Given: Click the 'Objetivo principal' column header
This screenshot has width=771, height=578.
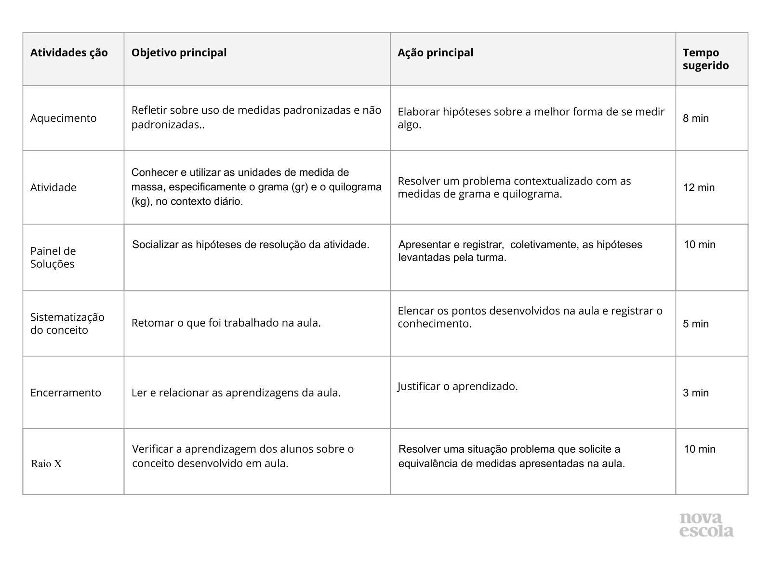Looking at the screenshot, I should (179, 53).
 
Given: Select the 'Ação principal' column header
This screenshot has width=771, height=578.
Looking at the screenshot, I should (435, 53).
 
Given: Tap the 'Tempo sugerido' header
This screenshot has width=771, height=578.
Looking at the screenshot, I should (705, 59).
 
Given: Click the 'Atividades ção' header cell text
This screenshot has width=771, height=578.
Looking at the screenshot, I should (69, 53).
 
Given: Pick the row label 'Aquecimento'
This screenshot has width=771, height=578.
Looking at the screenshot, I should (63, 118).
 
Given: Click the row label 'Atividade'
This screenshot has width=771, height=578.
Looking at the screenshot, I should (53, 187).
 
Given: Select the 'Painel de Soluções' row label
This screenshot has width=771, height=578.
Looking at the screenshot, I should (53, 257).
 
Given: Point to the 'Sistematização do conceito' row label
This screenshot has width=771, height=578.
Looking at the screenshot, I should (67, 323).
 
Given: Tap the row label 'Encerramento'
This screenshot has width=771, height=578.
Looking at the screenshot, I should (66, 393).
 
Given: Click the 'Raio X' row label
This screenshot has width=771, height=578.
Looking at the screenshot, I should (46, 464).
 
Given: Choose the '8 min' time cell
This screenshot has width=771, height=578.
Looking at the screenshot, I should (695, 118).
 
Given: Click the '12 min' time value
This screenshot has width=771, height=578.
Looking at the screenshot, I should (699, 187).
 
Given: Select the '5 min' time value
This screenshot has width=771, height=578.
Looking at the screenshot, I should (695, 324).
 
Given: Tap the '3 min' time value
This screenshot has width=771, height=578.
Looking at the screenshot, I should (695, 393).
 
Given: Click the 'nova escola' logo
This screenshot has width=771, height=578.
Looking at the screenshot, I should (706, 525).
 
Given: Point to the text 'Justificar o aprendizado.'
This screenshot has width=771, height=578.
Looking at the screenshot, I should (457, 386).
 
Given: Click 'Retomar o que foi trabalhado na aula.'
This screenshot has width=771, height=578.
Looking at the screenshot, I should (226, 323).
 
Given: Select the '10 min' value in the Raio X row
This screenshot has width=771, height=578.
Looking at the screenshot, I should (700, 449).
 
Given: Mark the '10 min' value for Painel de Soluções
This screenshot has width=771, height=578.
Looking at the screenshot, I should (700, 244).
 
